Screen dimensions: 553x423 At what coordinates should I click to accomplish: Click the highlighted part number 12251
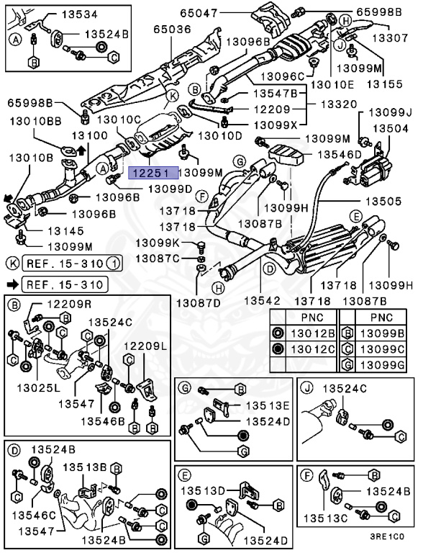point(150,173)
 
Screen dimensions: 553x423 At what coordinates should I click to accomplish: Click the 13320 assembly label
point(337,104)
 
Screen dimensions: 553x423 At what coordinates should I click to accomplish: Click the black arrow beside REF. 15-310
point(12,284)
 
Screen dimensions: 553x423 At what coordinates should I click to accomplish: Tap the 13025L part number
point(35,387)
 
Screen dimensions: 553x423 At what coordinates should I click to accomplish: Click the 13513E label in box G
point(267,405)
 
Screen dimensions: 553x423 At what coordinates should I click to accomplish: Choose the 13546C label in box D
point(36,515)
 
